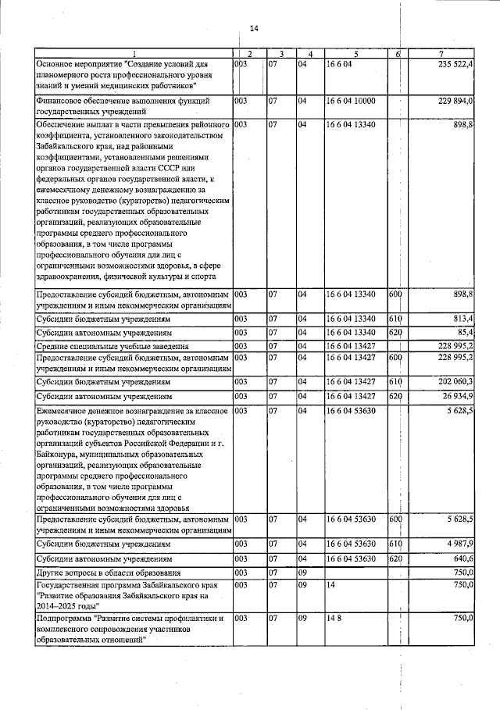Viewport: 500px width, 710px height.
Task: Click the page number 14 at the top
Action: tap(253, 29)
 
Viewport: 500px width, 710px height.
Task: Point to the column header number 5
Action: tap(355, 53)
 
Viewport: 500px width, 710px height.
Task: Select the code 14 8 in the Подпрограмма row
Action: tap(334, 618)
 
